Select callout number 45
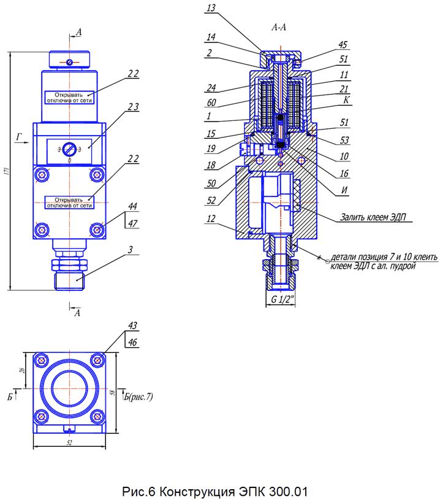pyautogui.click(x=343, y=44)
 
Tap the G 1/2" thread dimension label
pyautogui.click(x=283, y=300)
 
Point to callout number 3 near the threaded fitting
pyautogui.click(x=131, y=249)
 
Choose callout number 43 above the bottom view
pyautogui.click(x=133, y=326)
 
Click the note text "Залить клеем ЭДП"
pyautogui.click(x=376, y=217)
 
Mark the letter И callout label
pyautogui.click(x=346, y=191)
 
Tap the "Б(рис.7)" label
pyautogui.click(x=137, y=397)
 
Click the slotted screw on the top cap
pyautogui.click(x=71, y=63)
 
